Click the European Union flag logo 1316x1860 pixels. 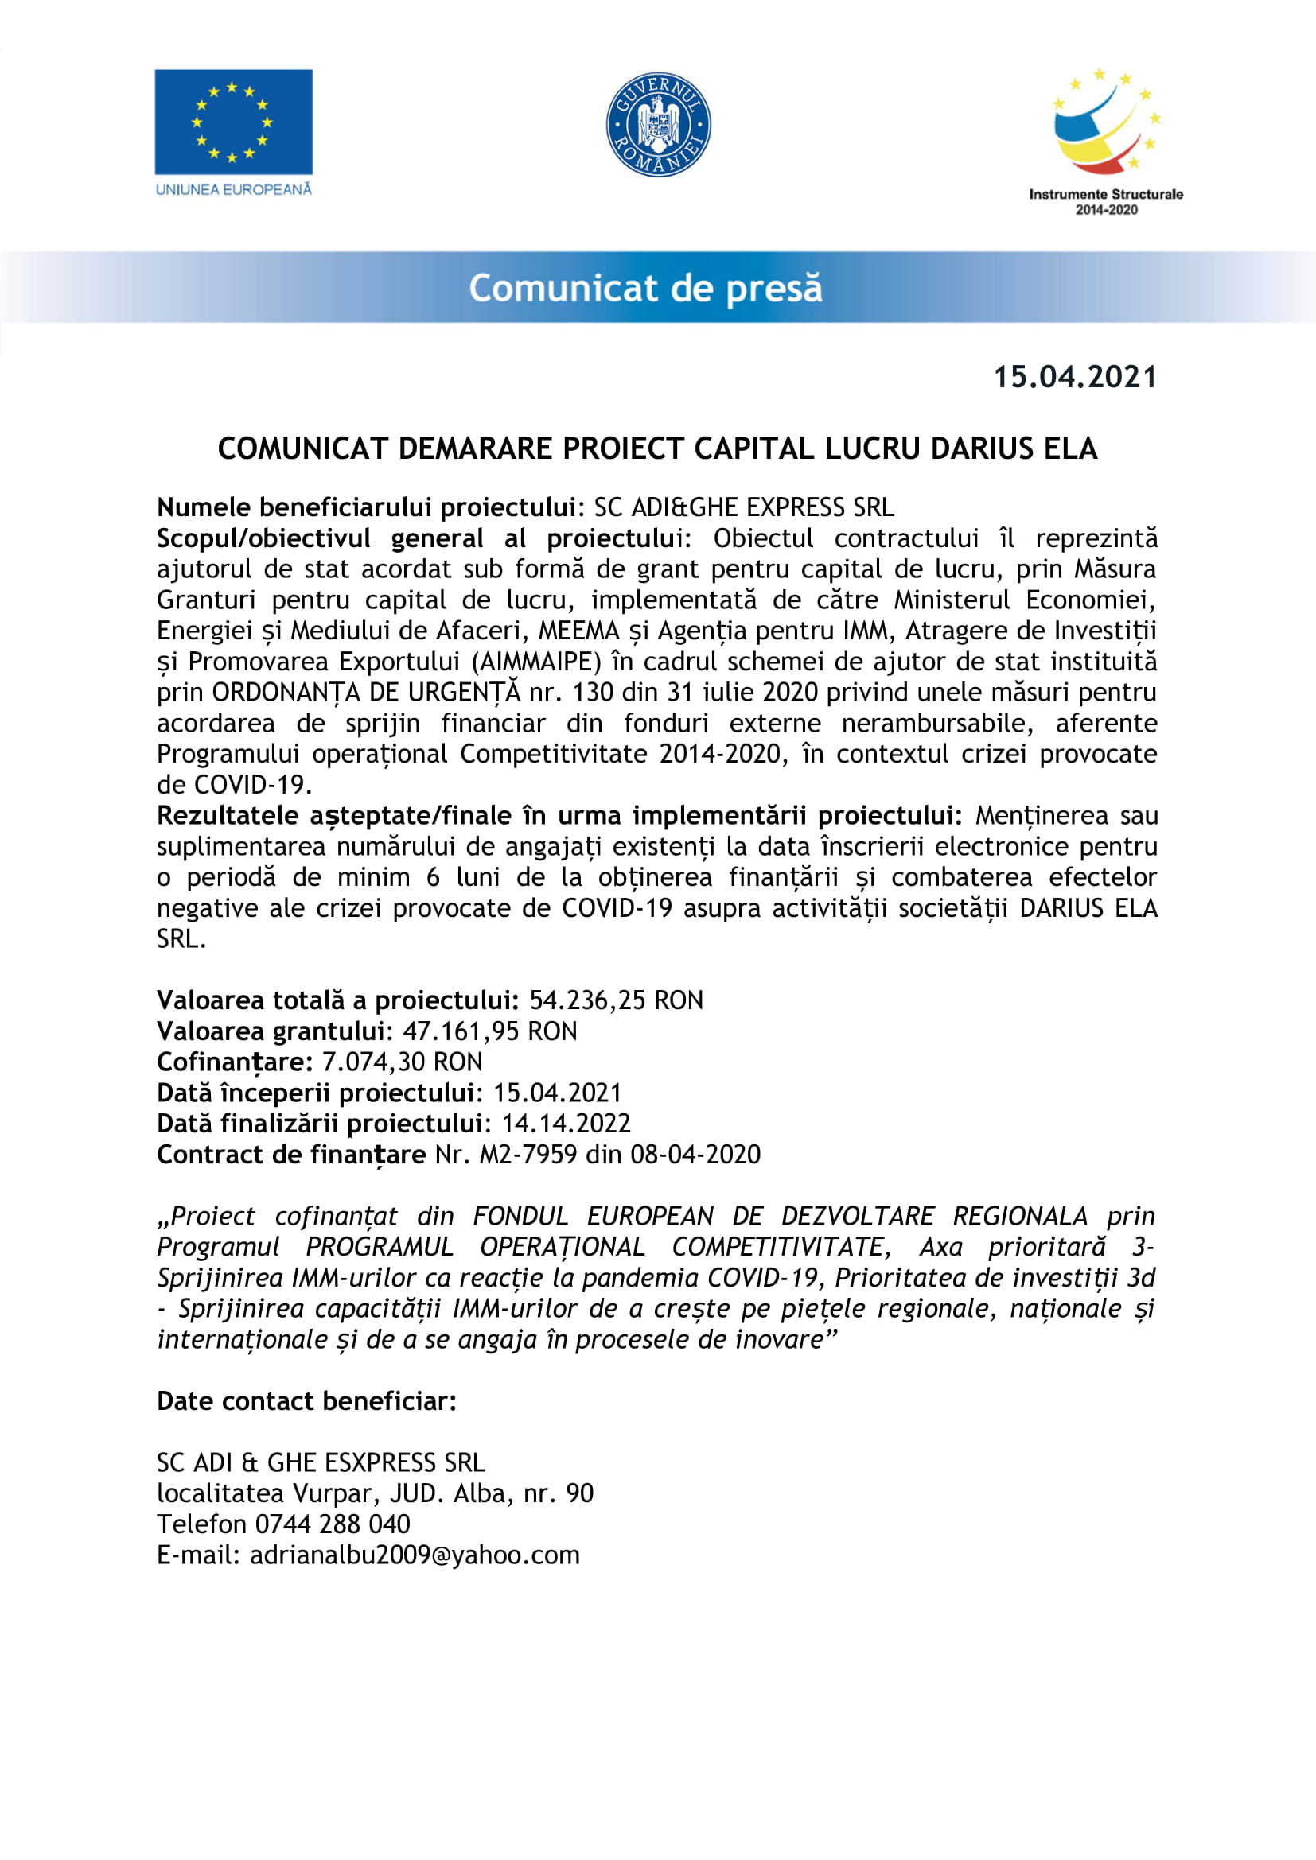[x=233, y=122]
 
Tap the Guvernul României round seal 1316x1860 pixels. [x=658, y=125]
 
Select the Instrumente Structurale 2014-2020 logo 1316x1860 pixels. [x=1105, y=142]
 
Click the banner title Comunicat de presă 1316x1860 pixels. [x=645, y=289]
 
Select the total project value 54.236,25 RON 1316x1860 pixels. [x=616, y=1000]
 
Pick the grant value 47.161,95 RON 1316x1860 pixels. [x=490, y=1031]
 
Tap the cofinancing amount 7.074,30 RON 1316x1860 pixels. [x=402, y=1062]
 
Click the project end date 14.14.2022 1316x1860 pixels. [x=566, y=1124]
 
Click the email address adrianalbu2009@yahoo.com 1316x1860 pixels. [x=414, y=1555]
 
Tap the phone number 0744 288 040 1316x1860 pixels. [x=333, y=1524]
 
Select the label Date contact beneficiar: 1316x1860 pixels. [x=306, y=1401]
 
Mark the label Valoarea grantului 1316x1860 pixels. [x=270, y=1031]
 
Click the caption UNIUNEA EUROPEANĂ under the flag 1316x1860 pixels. [x=233, y=189]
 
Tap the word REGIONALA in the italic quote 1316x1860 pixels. [x=1019, y=1217]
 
